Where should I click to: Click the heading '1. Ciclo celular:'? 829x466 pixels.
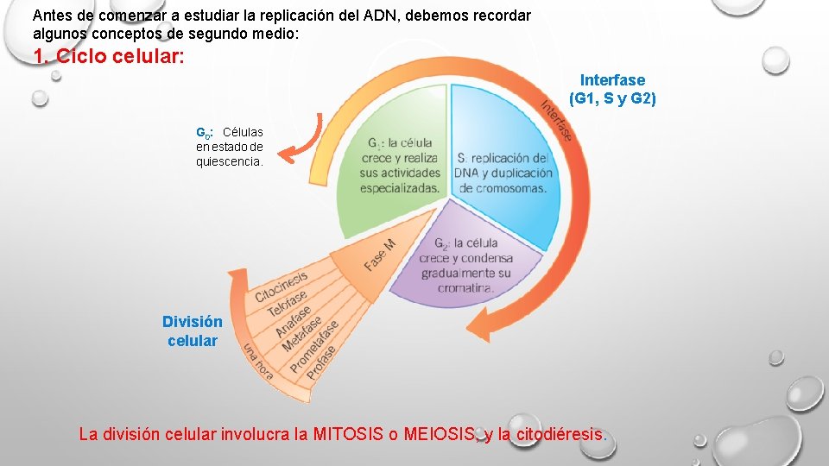coord(108,58)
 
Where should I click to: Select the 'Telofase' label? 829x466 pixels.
coord(288,303)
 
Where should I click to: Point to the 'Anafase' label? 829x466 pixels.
coord(295,318)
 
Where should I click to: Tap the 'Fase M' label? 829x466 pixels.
coord(380,255)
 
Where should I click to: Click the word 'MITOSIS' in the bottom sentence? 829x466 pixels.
coord(350,434)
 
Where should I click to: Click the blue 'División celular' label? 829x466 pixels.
coord(193,331)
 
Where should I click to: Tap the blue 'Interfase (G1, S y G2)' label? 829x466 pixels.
coord(612,90)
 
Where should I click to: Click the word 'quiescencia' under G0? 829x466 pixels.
coord(228,161)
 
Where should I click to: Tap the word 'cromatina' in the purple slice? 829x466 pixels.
coord(465,288)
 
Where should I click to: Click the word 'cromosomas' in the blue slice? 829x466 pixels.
coord(509,188)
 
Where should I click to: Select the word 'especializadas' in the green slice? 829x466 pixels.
coord(399,187)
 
